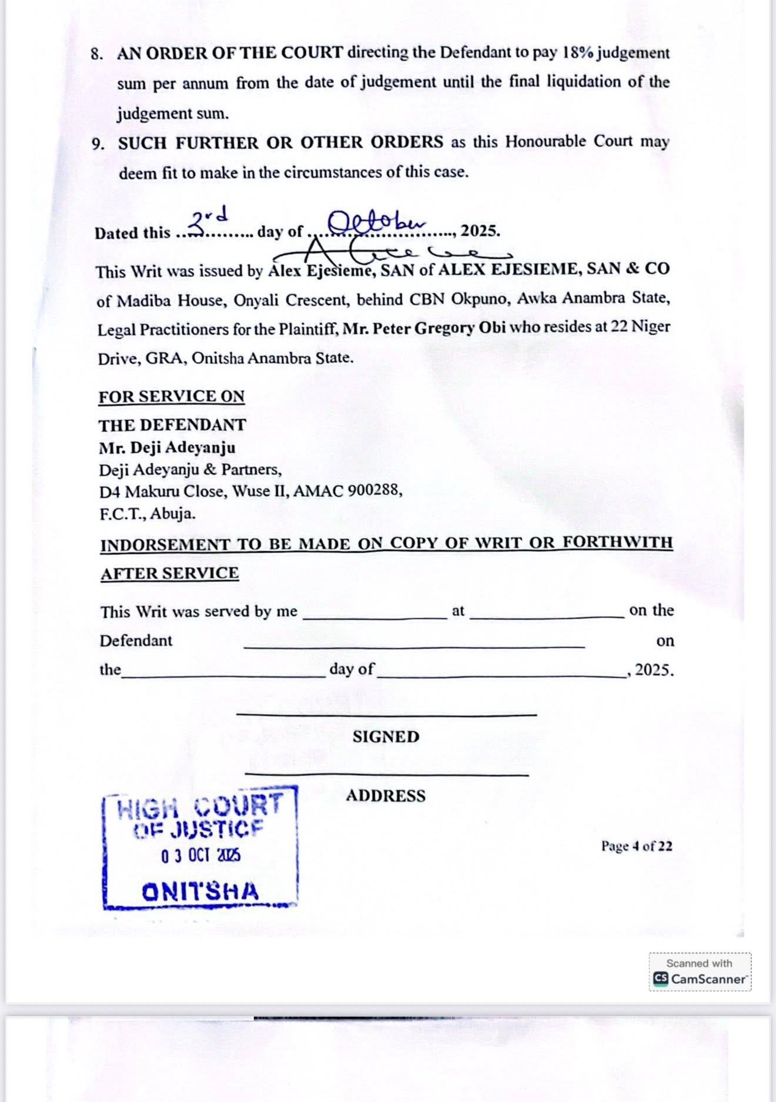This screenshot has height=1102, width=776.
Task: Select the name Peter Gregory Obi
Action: (x=424, y=327)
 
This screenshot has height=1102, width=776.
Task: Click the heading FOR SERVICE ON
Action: (x=172, y=397)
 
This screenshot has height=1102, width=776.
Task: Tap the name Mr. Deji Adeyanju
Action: (x=167, y=448)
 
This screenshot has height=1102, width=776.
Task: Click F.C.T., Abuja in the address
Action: (x=147, y=513)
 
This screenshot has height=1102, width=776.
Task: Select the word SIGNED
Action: (x=386, y=737)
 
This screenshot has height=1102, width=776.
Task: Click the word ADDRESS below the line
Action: (x=386, y=796)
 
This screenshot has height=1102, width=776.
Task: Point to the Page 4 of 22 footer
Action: (x=636, y=846)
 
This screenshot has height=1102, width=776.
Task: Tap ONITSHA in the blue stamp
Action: (x=200, y=892)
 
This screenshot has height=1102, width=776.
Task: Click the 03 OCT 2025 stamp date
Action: (x=200, y=856)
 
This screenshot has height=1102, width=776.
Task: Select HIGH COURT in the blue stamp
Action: (x=200, y=807)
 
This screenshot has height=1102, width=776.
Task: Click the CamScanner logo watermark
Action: (x=661, y=979)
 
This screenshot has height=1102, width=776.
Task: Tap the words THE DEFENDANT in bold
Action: (x=172, y=425)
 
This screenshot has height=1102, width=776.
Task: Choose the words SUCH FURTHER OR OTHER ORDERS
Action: (x=281, y=143)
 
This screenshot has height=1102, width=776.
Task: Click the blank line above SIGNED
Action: (x=386, y=714)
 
